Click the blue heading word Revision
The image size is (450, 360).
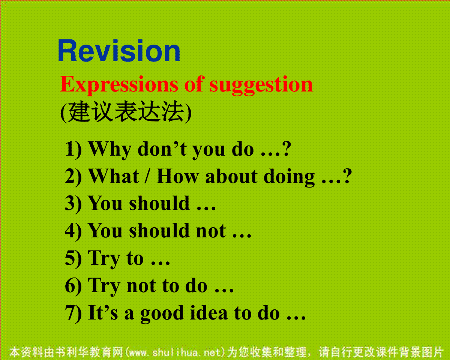coord(119,50)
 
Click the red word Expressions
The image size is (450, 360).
coord(119,85)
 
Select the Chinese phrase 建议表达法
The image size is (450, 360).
coord(126,111)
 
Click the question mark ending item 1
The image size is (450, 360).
coord(286,149)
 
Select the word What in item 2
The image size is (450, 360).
coord(114,176)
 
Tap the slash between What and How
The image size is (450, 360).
coord(148,176)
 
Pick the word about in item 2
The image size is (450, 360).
coord(231,176)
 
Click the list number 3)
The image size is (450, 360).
coord(73,203)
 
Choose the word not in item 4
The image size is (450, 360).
coord(211,231)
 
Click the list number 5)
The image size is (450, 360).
coord(73,258)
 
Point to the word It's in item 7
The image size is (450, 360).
coord(103,312)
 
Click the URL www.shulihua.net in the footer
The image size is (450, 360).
coord(175,352)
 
